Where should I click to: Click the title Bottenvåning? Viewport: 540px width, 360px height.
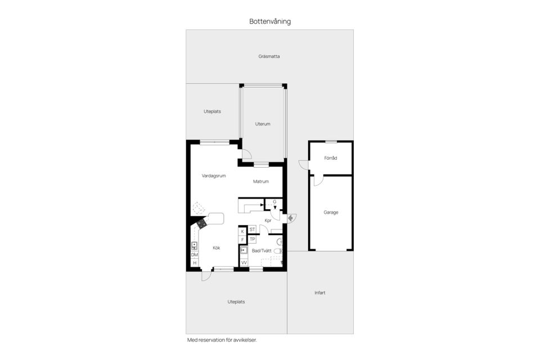click(x=270, y=21)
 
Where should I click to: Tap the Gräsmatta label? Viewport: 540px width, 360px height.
click(x=269, y=56)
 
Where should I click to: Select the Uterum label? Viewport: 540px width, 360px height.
click(x=263, y=124)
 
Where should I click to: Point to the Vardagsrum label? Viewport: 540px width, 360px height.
click(x=214, y=176)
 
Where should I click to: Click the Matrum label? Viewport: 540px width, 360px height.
click(x=260, y=182)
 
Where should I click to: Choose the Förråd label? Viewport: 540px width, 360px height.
click(x=331, y=158)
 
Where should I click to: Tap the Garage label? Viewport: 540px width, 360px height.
click(x=331, y=213)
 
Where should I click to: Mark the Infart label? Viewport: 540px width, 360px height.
click(x=319, y=292)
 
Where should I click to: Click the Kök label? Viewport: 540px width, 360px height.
click(x=217, y=248)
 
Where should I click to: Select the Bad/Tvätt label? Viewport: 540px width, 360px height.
click(x=262, y=251)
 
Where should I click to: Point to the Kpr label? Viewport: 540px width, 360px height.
click(x=268, y=221)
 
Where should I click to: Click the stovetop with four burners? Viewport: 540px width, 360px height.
click(x=202, y=224)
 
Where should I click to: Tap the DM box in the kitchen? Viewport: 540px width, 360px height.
click(x=195, y=255)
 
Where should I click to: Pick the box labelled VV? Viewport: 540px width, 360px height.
click(x=244, y=263)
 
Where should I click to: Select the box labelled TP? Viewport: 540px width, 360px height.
click(x=253, y=239)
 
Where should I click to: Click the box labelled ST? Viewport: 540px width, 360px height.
click(x=253, y=229)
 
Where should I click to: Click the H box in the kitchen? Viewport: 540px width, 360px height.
click(x=195, y=263)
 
